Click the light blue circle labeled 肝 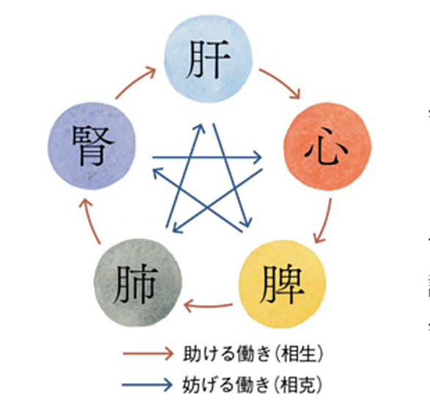point(208,59)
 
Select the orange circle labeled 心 point(327,146)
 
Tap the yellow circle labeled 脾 point(283,284)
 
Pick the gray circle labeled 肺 point(138,283)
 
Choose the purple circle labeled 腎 point(92,146)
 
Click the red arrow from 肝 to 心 point(282,82)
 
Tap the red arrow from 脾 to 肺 point(208,306)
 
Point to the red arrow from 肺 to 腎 point(90,221)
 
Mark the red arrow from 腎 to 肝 point(134,82)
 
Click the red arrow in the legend point(148,354)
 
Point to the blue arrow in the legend point(147,385)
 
